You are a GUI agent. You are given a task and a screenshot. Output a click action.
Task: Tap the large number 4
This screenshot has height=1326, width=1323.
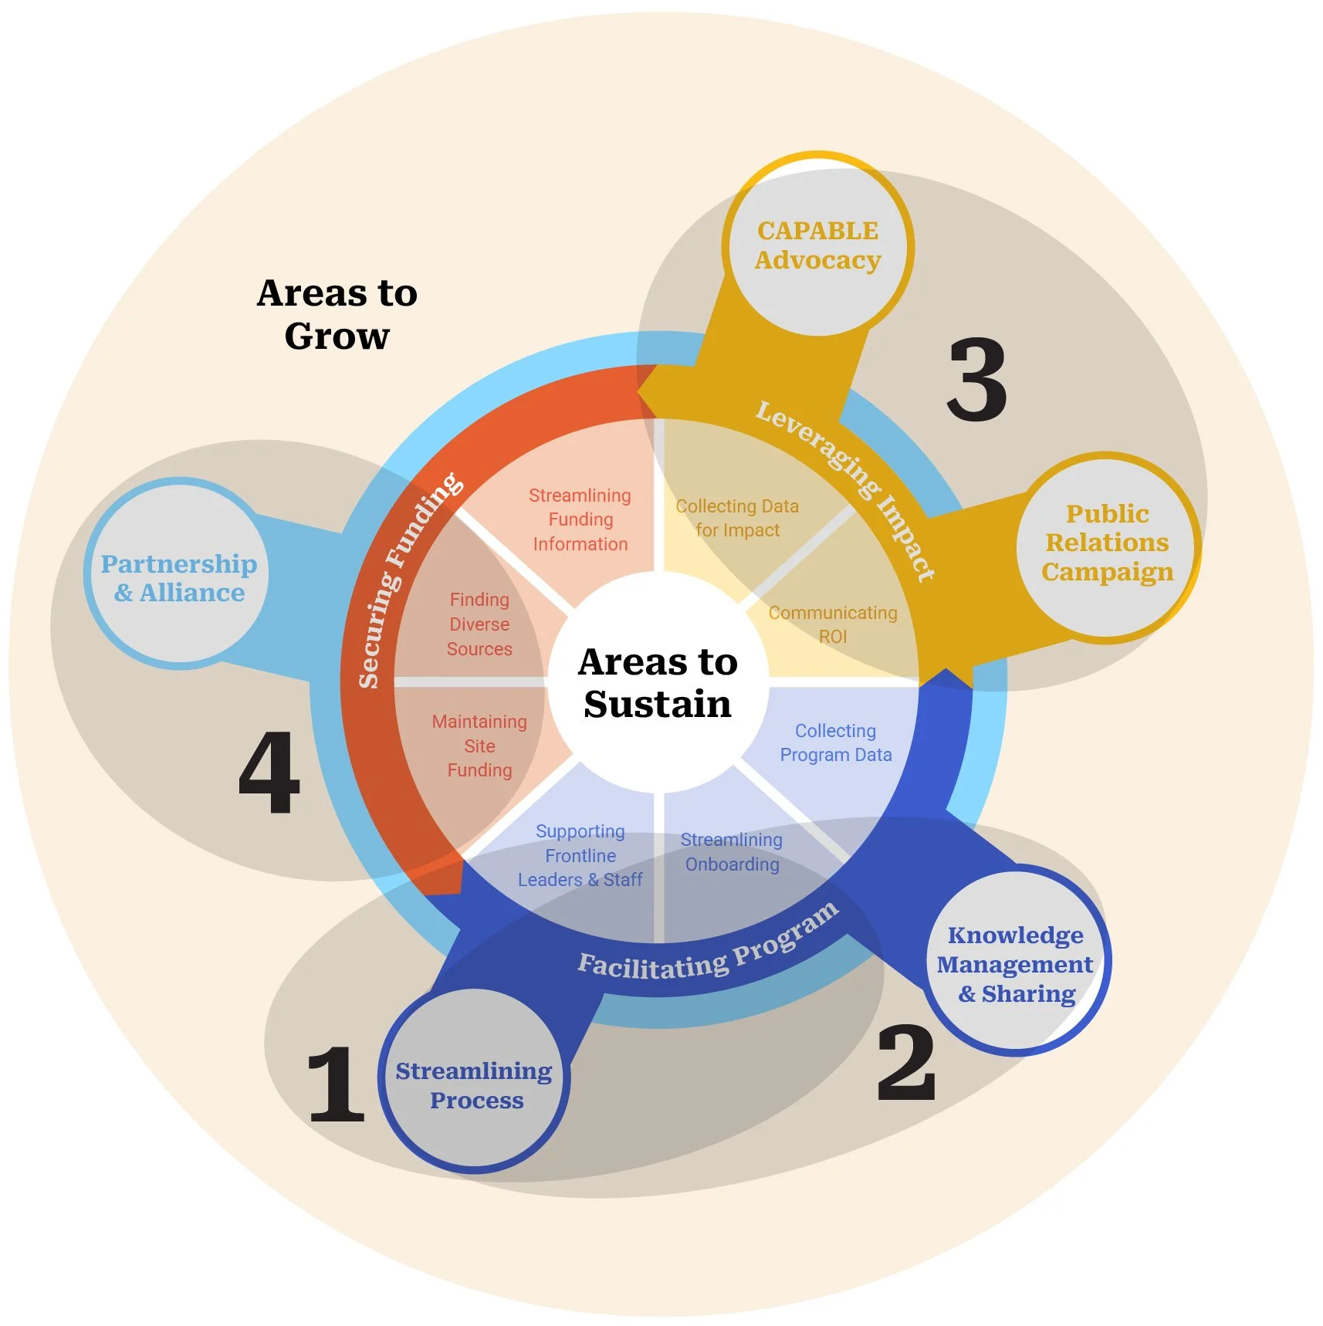pyautogui.click(x=269, y=773)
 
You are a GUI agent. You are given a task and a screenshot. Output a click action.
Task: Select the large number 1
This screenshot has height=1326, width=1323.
pyautogui.click(x=336, y=1084)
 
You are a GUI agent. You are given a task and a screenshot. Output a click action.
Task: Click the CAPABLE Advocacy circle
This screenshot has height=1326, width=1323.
pyautogui.click(x=818, y=245)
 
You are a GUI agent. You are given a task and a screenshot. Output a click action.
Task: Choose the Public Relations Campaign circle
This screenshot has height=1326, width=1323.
pyautogui.click(x=1107, y=543)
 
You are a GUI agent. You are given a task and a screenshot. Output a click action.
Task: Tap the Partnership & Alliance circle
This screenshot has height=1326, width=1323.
pyautogui.click(x=179, y=577)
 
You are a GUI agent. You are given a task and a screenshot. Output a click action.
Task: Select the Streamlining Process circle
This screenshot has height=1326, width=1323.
pyautogui.click(x=474, y=1084)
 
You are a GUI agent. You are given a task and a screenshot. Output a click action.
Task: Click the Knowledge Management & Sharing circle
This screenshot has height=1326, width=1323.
pyautogui.click(x=1016, y=964)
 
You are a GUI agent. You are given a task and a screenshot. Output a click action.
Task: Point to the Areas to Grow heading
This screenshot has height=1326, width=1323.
pyautogui.click(x=337, y=314)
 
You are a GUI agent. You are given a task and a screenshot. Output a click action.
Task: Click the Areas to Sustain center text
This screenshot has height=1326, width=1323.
pyautogui.click(x=658, y=683)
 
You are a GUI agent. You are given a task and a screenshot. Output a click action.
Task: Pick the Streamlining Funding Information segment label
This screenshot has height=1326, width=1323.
pyautogui.click(x=580, y=519)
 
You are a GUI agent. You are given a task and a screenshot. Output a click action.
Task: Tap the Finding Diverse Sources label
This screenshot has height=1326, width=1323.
pyautogui.click(x=479, y=624)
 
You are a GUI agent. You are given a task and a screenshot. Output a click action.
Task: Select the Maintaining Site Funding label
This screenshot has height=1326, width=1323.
pyautogui.click(x=479, y=746)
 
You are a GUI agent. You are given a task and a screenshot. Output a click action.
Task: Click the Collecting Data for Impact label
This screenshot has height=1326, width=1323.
pyautogui.click(x=737, y=518)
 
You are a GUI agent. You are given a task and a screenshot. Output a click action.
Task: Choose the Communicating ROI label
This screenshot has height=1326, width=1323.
pyautogui.click(x=833, y=624)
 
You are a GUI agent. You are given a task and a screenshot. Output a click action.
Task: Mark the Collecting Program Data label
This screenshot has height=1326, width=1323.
pyautogui.click(x=836, y=742)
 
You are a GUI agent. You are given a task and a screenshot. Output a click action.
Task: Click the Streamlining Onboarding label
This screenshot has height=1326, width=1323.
pyautogui.click(x=732, y=852)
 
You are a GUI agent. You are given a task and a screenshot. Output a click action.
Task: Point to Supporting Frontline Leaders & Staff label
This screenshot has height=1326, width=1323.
pyautogui.click(x=580, y=855)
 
